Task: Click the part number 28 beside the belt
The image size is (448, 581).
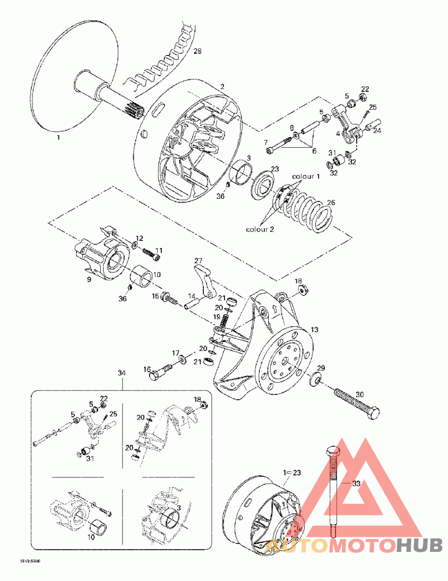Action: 197,51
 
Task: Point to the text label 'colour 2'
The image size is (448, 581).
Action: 260,229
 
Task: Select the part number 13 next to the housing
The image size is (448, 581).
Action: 314,330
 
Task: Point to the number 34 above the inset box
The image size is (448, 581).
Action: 122,373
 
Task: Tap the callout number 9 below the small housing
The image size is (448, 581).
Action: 88,279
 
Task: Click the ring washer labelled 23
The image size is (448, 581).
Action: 262,185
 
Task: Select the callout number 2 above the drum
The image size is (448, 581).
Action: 222,87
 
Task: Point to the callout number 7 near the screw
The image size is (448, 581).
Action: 265,143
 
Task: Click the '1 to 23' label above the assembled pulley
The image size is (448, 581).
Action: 292,473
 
